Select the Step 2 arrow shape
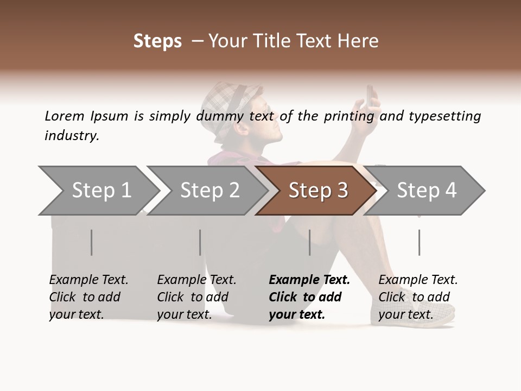209,191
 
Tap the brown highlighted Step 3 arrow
317,191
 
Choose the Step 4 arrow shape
426,191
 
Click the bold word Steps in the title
157,41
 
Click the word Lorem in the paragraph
64,116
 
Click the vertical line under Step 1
92,242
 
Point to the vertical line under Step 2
200,242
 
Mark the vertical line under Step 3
310,242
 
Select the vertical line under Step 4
420,242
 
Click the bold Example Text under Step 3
309,280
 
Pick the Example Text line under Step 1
88,280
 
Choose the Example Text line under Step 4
418,280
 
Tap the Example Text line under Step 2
196,280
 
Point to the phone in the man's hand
370,96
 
